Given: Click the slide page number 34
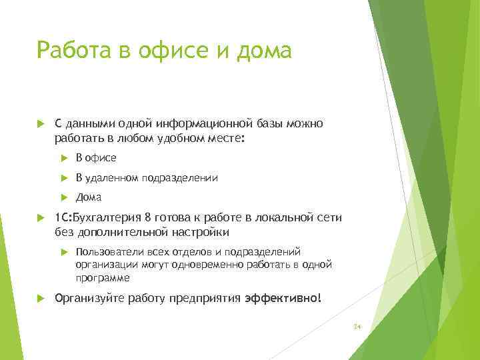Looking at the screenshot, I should point(357,327).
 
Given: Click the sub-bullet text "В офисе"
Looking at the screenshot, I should point(96,158).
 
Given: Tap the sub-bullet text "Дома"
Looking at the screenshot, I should point(89,197).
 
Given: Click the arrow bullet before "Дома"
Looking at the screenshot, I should point(64,197).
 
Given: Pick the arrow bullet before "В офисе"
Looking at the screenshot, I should point(64,158).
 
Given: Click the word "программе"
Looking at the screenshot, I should point(103,277).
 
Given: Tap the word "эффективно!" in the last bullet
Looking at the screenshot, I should point(283,298).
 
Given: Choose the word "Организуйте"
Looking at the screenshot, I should point(86,298).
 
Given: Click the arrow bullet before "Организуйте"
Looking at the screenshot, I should point(41,298).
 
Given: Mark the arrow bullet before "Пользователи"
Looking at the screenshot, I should point(64,251).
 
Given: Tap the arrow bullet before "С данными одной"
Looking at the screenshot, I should point(41,123).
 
